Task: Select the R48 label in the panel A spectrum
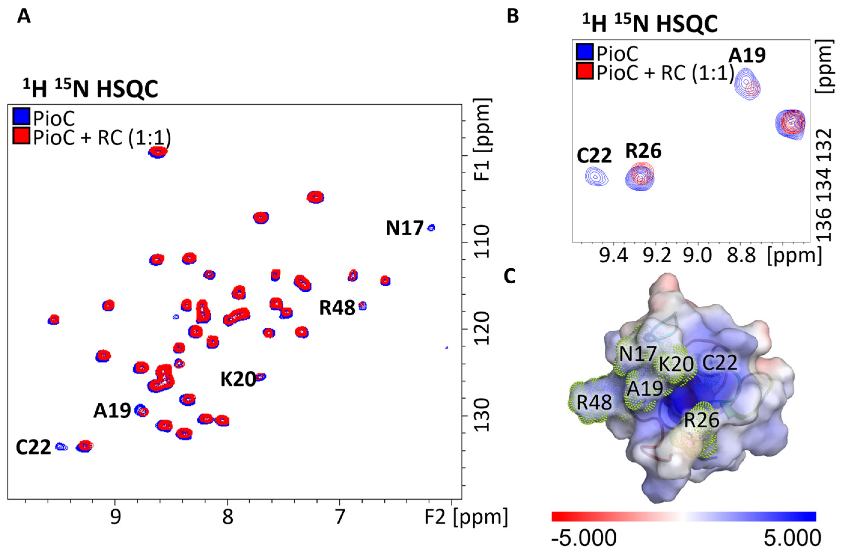click(337, 308)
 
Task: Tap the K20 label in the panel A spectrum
click(238, 380)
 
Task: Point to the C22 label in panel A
click(33, 448)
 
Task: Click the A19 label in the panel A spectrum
click(112, 411)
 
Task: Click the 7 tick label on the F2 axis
click(340, 517)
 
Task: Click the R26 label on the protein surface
click(701, 420)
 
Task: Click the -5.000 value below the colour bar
click(584, 538)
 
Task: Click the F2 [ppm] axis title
click(466, 517)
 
